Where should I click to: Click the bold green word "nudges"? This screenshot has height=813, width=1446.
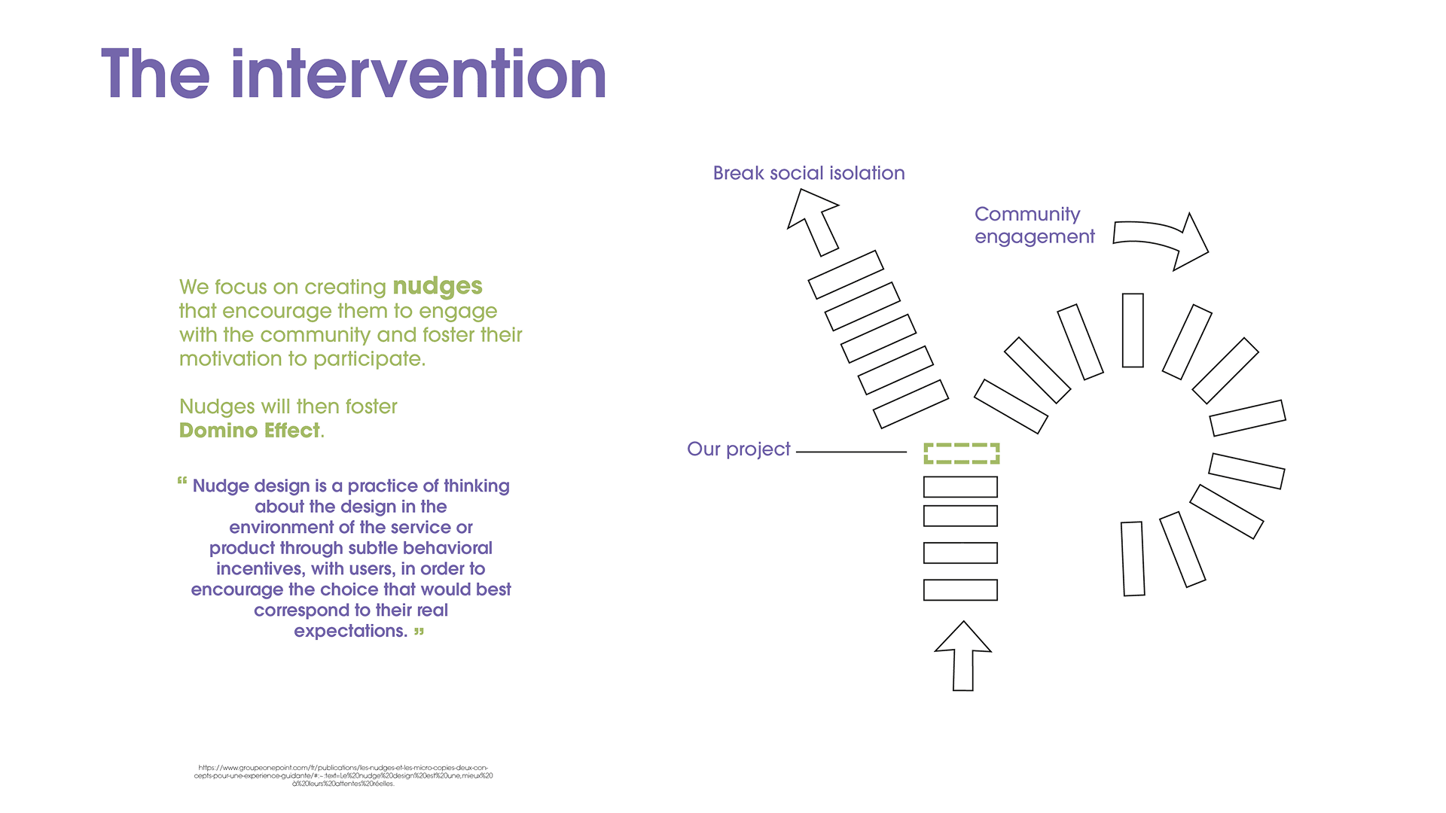[438, 286]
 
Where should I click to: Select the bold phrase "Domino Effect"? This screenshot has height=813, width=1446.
[249, 431]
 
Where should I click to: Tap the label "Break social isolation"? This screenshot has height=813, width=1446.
[809, 173]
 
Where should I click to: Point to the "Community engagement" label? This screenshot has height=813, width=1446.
[1033, 225]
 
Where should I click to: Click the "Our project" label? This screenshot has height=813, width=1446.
[738, 449]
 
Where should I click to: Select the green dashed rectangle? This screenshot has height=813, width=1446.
[961, 453]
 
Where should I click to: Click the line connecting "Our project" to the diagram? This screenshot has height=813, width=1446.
[851, 452]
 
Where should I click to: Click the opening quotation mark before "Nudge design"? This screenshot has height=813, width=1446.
[182, 480]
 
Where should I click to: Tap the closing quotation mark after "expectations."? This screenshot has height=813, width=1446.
[419, 631]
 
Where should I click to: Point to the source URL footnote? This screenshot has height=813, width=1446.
[343, 775]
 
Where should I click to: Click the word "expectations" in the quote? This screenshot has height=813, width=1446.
[349, 631]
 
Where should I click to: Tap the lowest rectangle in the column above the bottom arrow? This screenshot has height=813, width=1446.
[960, 589]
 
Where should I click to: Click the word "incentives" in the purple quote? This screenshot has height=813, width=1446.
[259, 569]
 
